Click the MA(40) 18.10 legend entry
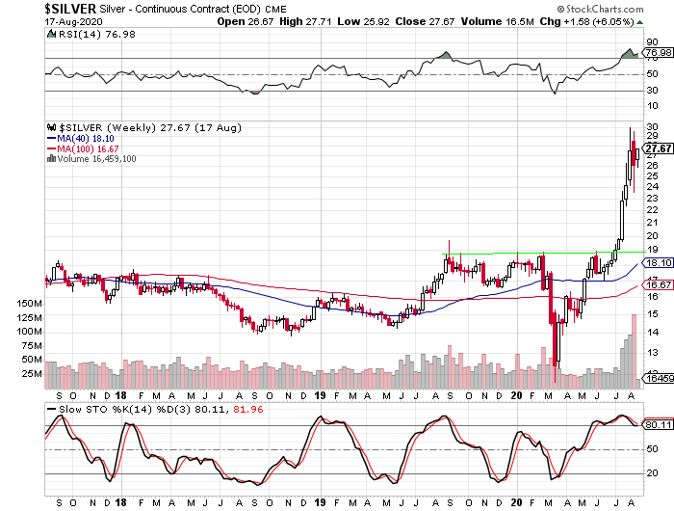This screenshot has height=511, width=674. click(84, 138)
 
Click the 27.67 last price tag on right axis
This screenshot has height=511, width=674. click(659, 148)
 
